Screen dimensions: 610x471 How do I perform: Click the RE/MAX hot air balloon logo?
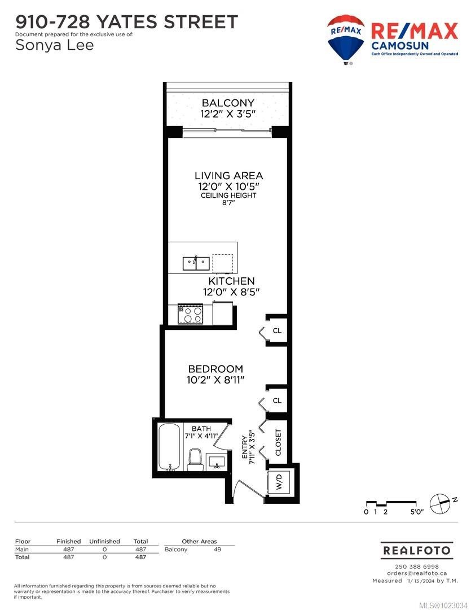[x=345, y=39]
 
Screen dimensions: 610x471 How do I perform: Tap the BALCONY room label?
[x=228, y=103]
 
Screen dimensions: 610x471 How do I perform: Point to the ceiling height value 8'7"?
[x=228, y=204]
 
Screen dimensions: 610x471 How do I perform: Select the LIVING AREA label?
[x=228, y=176]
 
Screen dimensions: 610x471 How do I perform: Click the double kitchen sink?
[x=196, y=263]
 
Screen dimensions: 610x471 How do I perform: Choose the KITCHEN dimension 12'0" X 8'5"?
[x=231, y=292]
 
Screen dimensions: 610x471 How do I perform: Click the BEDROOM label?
[x=216, y=369]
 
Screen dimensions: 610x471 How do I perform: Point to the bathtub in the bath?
[x=168, y=447]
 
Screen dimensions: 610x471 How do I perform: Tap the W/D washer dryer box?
[x=279, y=483]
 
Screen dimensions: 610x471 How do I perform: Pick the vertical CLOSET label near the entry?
[x=278, y=441]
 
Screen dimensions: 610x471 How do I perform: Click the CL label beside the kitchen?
[x=277, y=330]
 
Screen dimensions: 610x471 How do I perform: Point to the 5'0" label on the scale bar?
[x=416, y=512]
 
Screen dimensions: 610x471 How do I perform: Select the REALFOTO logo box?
[x=416, y=550]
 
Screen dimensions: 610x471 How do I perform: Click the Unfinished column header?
[x=105, y=541]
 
